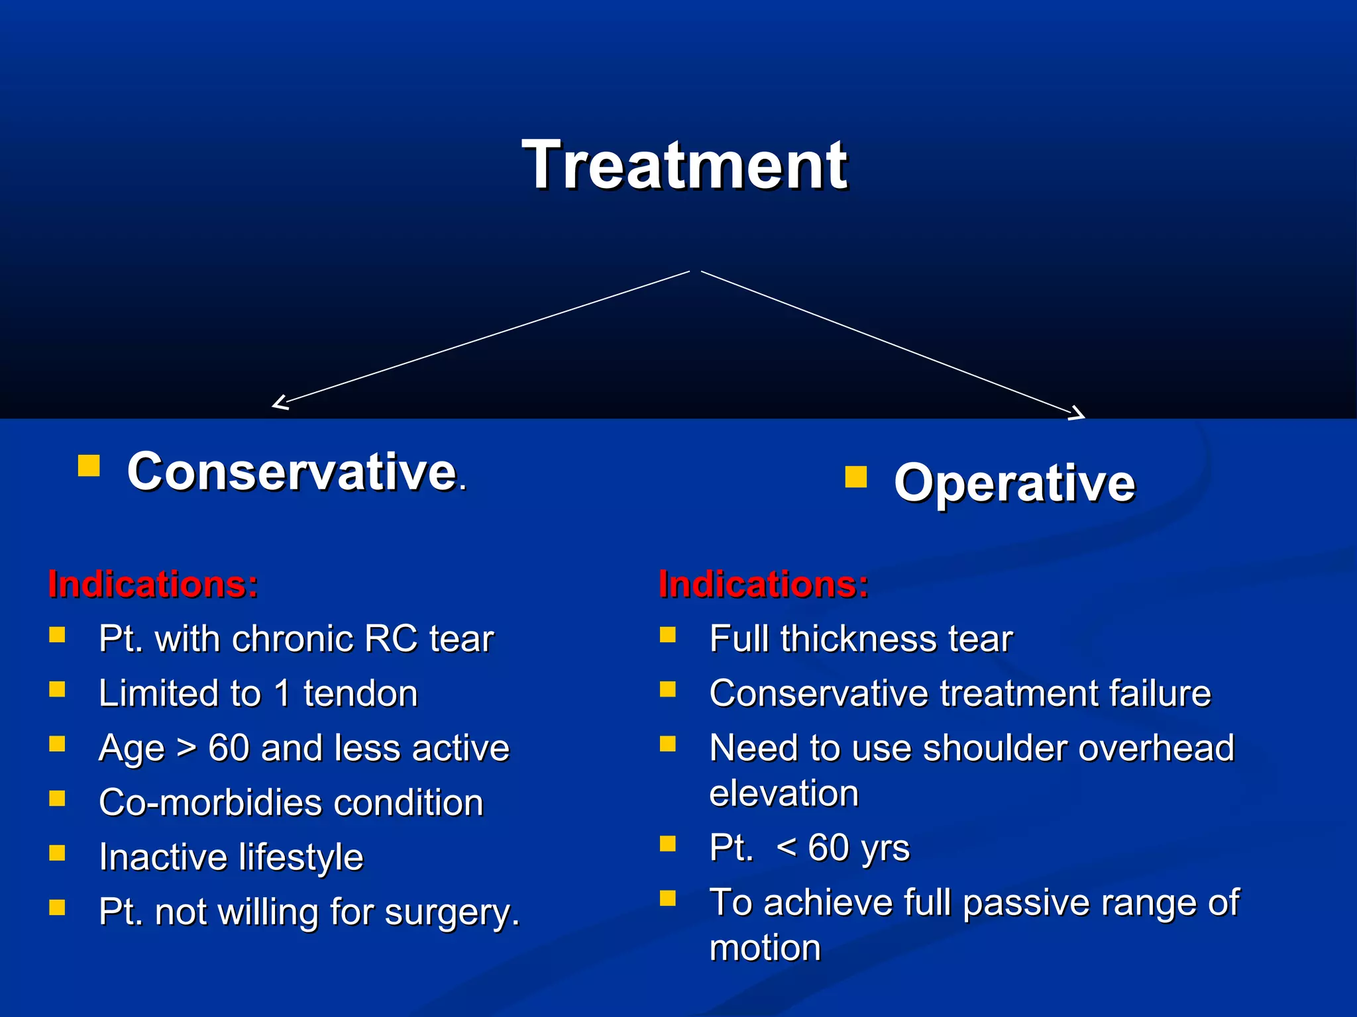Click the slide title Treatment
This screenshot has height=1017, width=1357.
684,166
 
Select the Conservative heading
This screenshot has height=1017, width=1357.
292,471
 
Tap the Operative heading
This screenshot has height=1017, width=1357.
1014,483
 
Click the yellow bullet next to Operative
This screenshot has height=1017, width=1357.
855,477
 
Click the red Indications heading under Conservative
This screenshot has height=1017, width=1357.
153,585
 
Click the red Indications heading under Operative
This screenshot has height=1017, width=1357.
763,585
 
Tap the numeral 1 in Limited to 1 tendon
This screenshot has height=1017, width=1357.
282,694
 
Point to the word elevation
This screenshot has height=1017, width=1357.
784,793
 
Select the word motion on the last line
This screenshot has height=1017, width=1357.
765,947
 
